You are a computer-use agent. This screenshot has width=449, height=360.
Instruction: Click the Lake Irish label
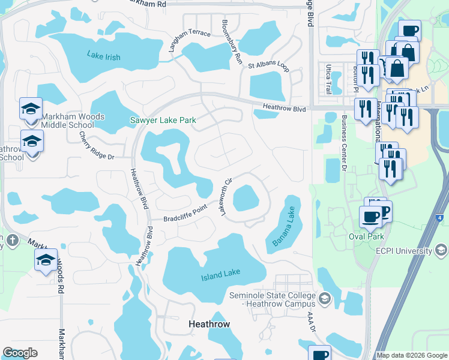[103, 57]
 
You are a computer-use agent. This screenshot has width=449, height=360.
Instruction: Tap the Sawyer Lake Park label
[163, 120]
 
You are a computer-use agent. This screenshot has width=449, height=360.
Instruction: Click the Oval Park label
[366, 236]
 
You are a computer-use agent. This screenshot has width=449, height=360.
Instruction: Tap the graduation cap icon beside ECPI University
[441, 248]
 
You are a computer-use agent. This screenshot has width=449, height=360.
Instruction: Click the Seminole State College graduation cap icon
[325, 298]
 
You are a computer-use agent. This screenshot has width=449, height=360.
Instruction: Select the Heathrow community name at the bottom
[209, 323]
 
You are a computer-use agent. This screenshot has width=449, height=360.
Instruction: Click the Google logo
[20, 353]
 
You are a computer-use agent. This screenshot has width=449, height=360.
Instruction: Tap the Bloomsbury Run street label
[231, 44]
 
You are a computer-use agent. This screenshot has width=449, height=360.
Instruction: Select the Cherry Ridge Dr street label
[97, 146]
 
